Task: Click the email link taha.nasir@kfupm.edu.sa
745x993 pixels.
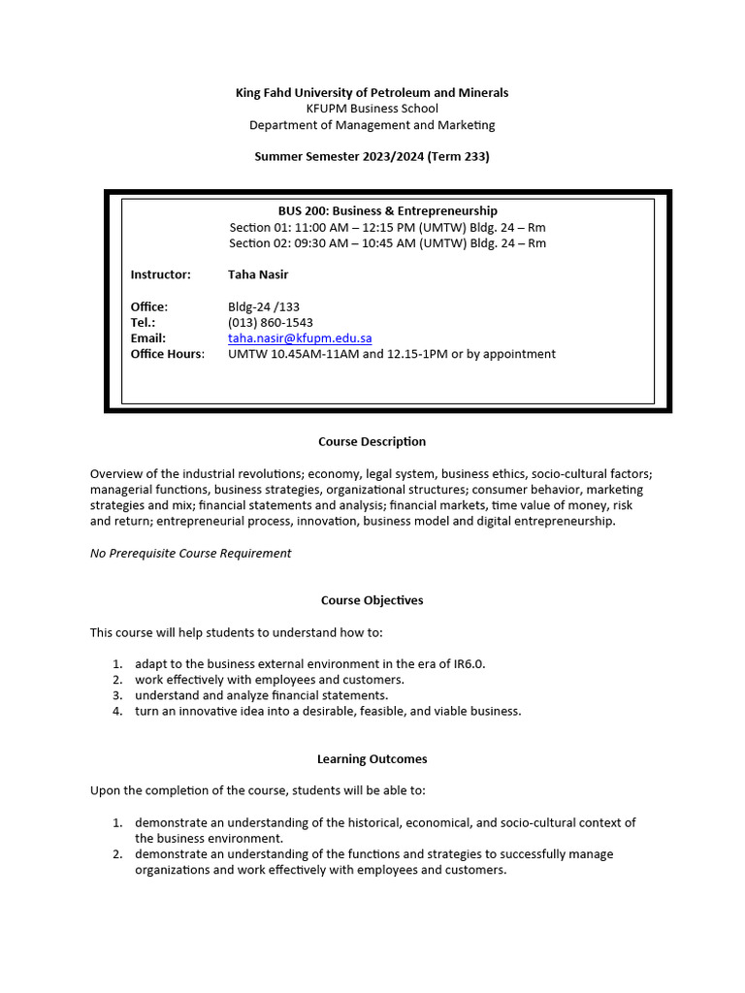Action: pyautogui.click(x=300, y=338)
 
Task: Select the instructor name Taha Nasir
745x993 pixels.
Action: pyautogui.click(x=258, y=274)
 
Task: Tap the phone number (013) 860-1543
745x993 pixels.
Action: pyautogui.click(x=271, y=323)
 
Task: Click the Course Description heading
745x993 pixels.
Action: pyautogui.click(x=372, y=442)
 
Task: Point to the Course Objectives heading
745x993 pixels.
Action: pyautogui.click(x=372, y=600)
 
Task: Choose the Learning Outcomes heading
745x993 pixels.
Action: pyautogui.click(x=372, y=759)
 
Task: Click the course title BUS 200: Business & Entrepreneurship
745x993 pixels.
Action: pyautogui.click(x=387, y=211)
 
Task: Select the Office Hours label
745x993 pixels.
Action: pyautogui.click(x=168, y=354)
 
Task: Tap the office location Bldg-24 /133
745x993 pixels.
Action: pyautogui.click(x=264, y=306)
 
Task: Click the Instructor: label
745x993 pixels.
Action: pyautogui.click(x=161, y=274)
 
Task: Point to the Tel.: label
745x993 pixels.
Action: pyautogui.click(x=144, y=323)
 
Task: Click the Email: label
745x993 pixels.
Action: pyautogui.click(x=148, y=338)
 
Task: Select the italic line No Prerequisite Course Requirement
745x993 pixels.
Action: pyautogui.click(x=190, y=554)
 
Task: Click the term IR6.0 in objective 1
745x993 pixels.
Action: pyautogui.click(x=468, y=664)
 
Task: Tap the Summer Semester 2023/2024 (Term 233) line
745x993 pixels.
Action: pyautogui.click(x=372, y=156)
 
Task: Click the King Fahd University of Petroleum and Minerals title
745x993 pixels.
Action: pyautogui.click(x=372, y=93)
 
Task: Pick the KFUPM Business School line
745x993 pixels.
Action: pyautogui.click(x=372, y=109)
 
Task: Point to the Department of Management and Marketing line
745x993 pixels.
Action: pyautogui.click(x=372, y=125)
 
